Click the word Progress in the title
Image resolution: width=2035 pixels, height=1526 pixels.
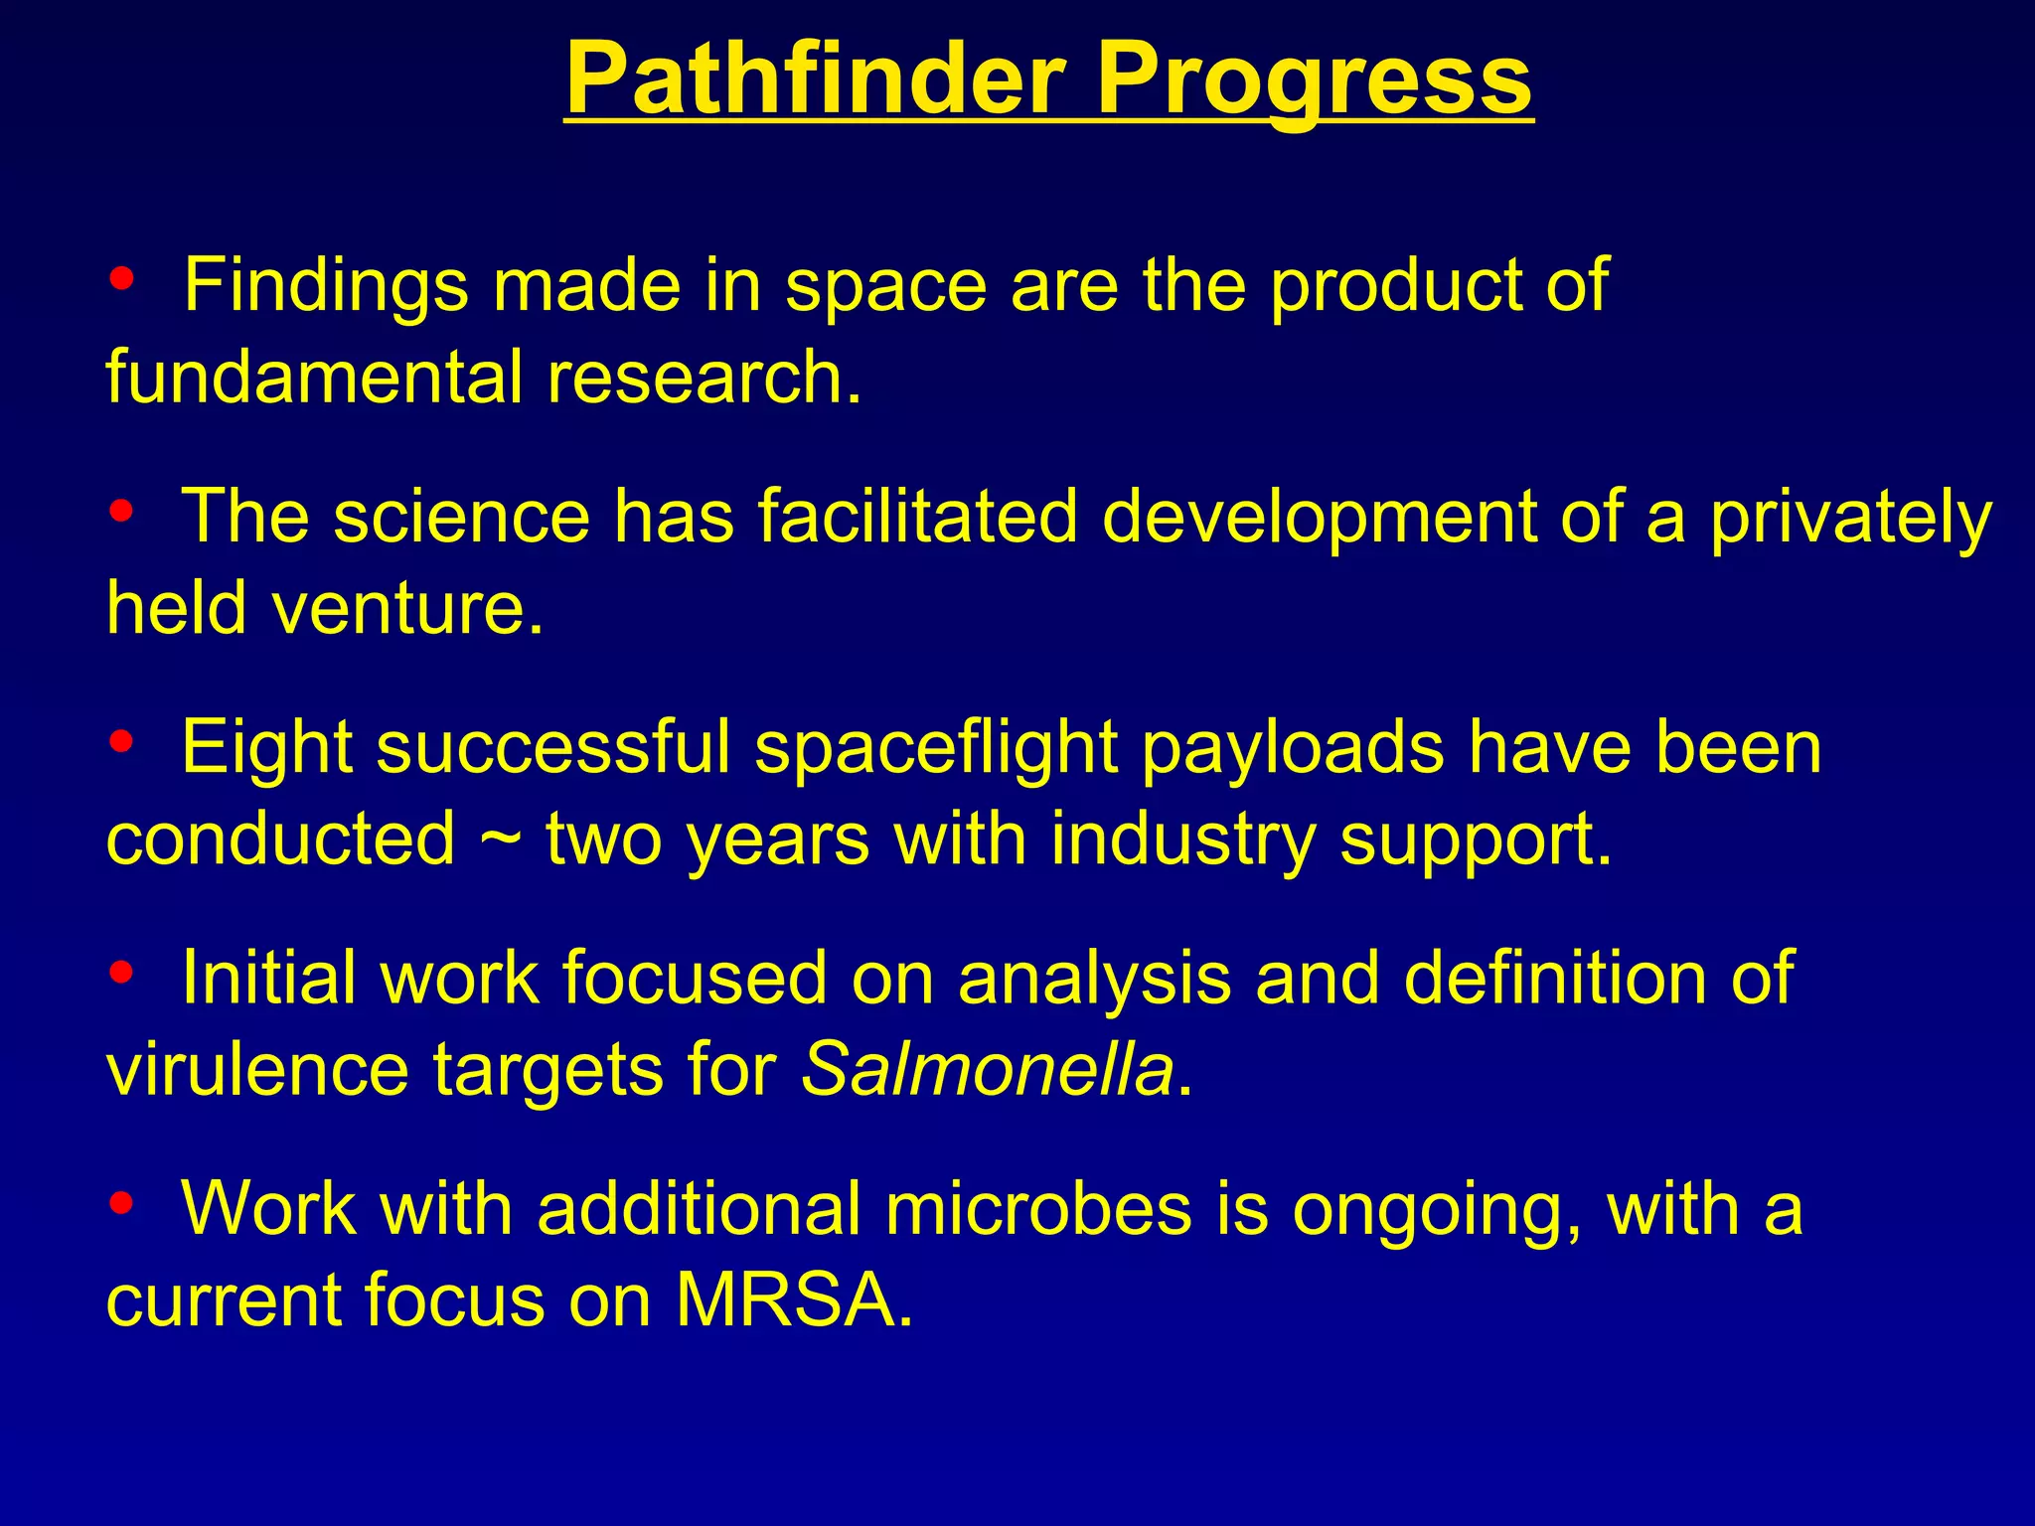(1314, 79)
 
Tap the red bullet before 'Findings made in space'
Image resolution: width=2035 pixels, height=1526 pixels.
(122, 279)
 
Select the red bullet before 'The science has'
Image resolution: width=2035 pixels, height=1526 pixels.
(122, 512)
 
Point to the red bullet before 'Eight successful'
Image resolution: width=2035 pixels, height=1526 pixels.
(122, 741)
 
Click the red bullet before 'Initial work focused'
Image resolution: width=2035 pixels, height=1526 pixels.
(122, 973)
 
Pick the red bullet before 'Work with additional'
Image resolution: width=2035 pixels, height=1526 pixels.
(122, 1203)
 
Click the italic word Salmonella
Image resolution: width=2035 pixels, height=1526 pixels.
(987, 1070)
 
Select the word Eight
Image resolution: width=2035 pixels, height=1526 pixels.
(266, 747)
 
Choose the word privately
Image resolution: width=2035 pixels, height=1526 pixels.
(1850, 519)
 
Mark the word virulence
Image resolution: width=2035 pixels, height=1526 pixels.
(257, 1070)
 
